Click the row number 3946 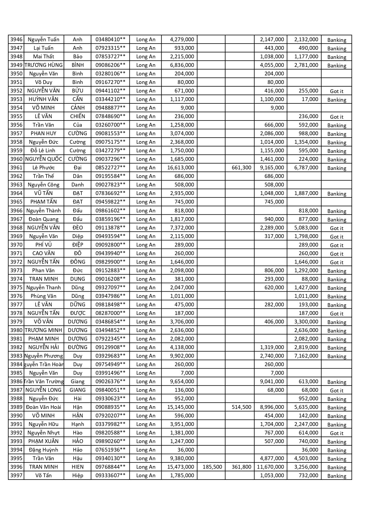pyautogui.click(x=16, y=39)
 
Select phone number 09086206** pyautogui.click(x=110, y=65)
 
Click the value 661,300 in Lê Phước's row pyautogui.click(x=241, y=168)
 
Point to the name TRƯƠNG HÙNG pyautogui.click(x=44, y=65)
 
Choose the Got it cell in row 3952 pyautogui.click(x=337, y=91)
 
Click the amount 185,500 pyautogui.click(x=212, y=467)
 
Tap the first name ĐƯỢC pyautogui.click(x=78, y=313)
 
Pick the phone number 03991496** pyautogui.click(x=110, y=373)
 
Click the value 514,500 pyautogui.click(x=241, y=407)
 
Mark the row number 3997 pyautogui.click(x=16, y=475)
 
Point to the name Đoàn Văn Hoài pyautogui.click(x=44, y=407)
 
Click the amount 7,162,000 pyautogui.click(x=306, y=356)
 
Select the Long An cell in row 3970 pyautogui.click(x=146, y=245)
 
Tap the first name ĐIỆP pyautogui.click(x=78, y=245)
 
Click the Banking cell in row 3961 pyautogui.click(x=337, y=168)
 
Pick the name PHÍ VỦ pyautogui.click(x=44, y=245)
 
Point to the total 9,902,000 pyautogui.click(x=182, y=356)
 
